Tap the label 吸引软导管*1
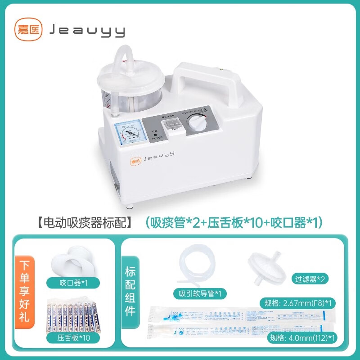point(200,294)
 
